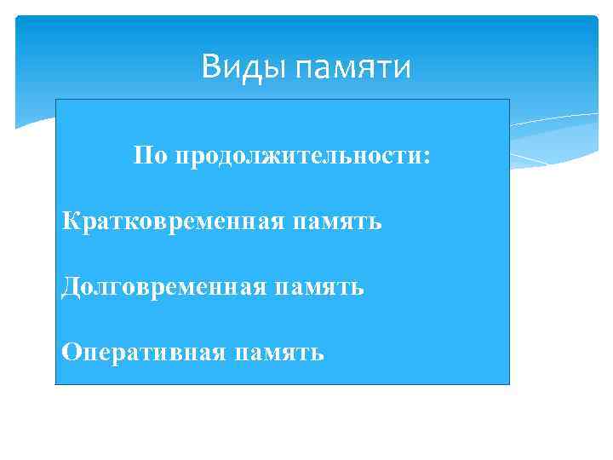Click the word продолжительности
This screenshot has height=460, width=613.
pyautogui.click(x=295, y=158)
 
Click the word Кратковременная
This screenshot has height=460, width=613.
pyautogui.click(x=175, y=222)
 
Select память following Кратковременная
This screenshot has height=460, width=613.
pyautogui.click(x=338, y=223)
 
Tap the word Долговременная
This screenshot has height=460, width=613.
pyautogui.click(x=166, y=287)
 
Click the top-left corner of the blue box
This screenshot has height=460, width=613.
pyautogui.click(x=56, y=100)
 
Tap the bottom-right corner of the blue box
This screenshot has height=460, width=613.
pyautogui.click(x=508, y=383)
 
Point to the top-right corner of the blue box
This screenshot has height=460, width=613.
pyautogui.click(x=508, y=100)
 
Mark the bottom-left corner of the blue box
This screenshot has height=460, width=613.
pyautogui.click(x=56, y=383)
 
